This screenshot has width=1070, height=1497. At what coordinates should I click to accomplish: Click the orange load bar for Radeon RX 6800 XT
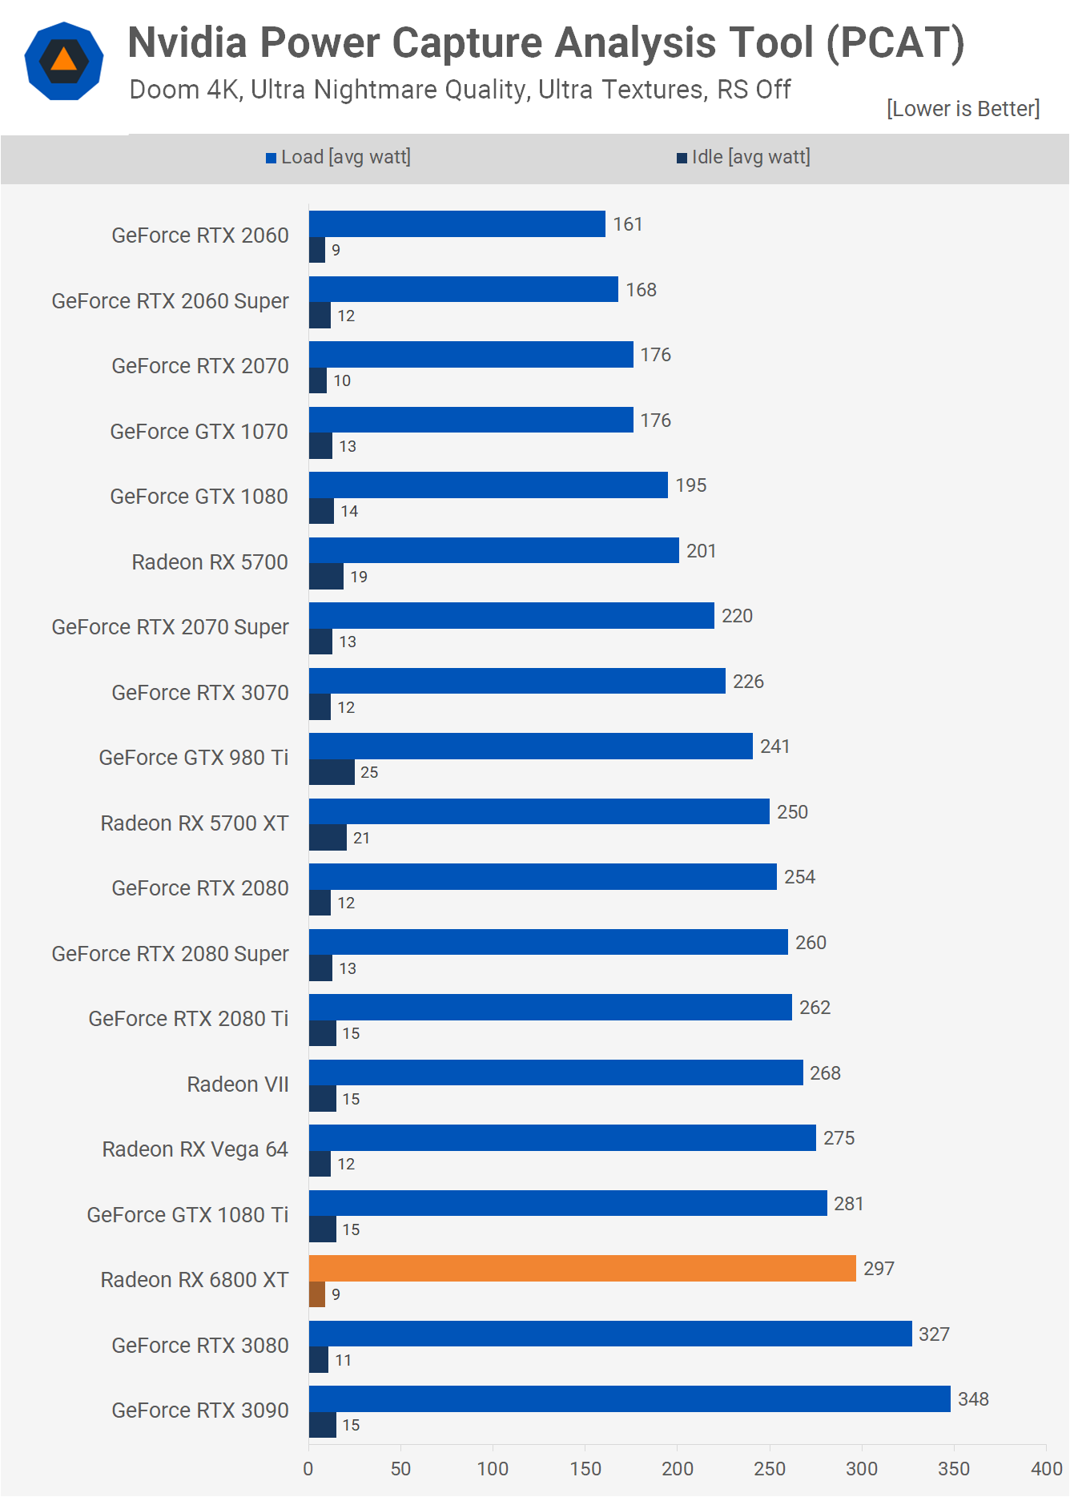(x=582, y=1268)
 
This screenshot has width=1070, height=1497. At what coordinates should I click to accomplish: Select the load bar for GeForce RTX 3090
(x=630, y=1398)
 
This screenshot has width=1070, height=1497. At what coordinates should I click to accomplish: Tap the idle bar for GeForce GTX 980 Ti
(x=332, y=772)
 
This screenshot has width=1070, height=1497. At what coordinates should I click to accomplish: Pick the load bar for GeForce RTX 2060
(x=457, y=223)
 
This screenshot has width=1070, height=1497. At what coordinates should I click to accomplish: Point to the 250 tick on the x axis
(x=770, y=1468)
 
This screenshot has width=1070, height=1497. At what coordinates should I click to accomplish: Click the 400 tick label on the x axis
(x=1046, y=1468)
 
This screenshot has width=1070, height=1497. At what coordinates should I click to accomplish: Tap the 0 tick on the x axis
(x=308, y=1468)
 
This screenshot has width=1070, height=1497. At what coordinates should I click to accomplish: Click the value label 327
(x=934, y=1334)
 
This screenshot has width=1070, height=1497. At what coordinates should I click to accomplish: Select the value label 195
(x=690, y=485)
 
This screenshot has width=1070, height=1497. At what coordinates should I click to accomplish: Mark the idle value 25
(x=369, y=772)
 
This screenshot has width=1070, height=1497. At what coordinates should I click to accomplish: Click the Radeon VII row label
(x=237, y=1085)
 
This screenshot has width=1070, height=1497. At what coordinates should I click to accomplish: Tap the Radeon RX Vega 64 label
(x=195, y=1149)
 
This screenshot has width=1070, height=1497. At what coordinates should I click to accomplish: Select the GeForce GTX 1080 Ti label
(x=187, y=1215)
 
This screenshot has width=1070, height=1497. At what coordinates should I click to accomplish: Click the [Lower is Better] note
(x=963, y=109)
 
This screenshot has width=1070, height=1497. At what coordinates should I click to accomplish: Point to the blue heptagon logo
(x=64, y=61)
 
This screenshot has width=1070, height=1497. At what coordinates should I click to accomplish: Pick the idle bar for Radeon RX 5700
(x=326, y=577)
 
